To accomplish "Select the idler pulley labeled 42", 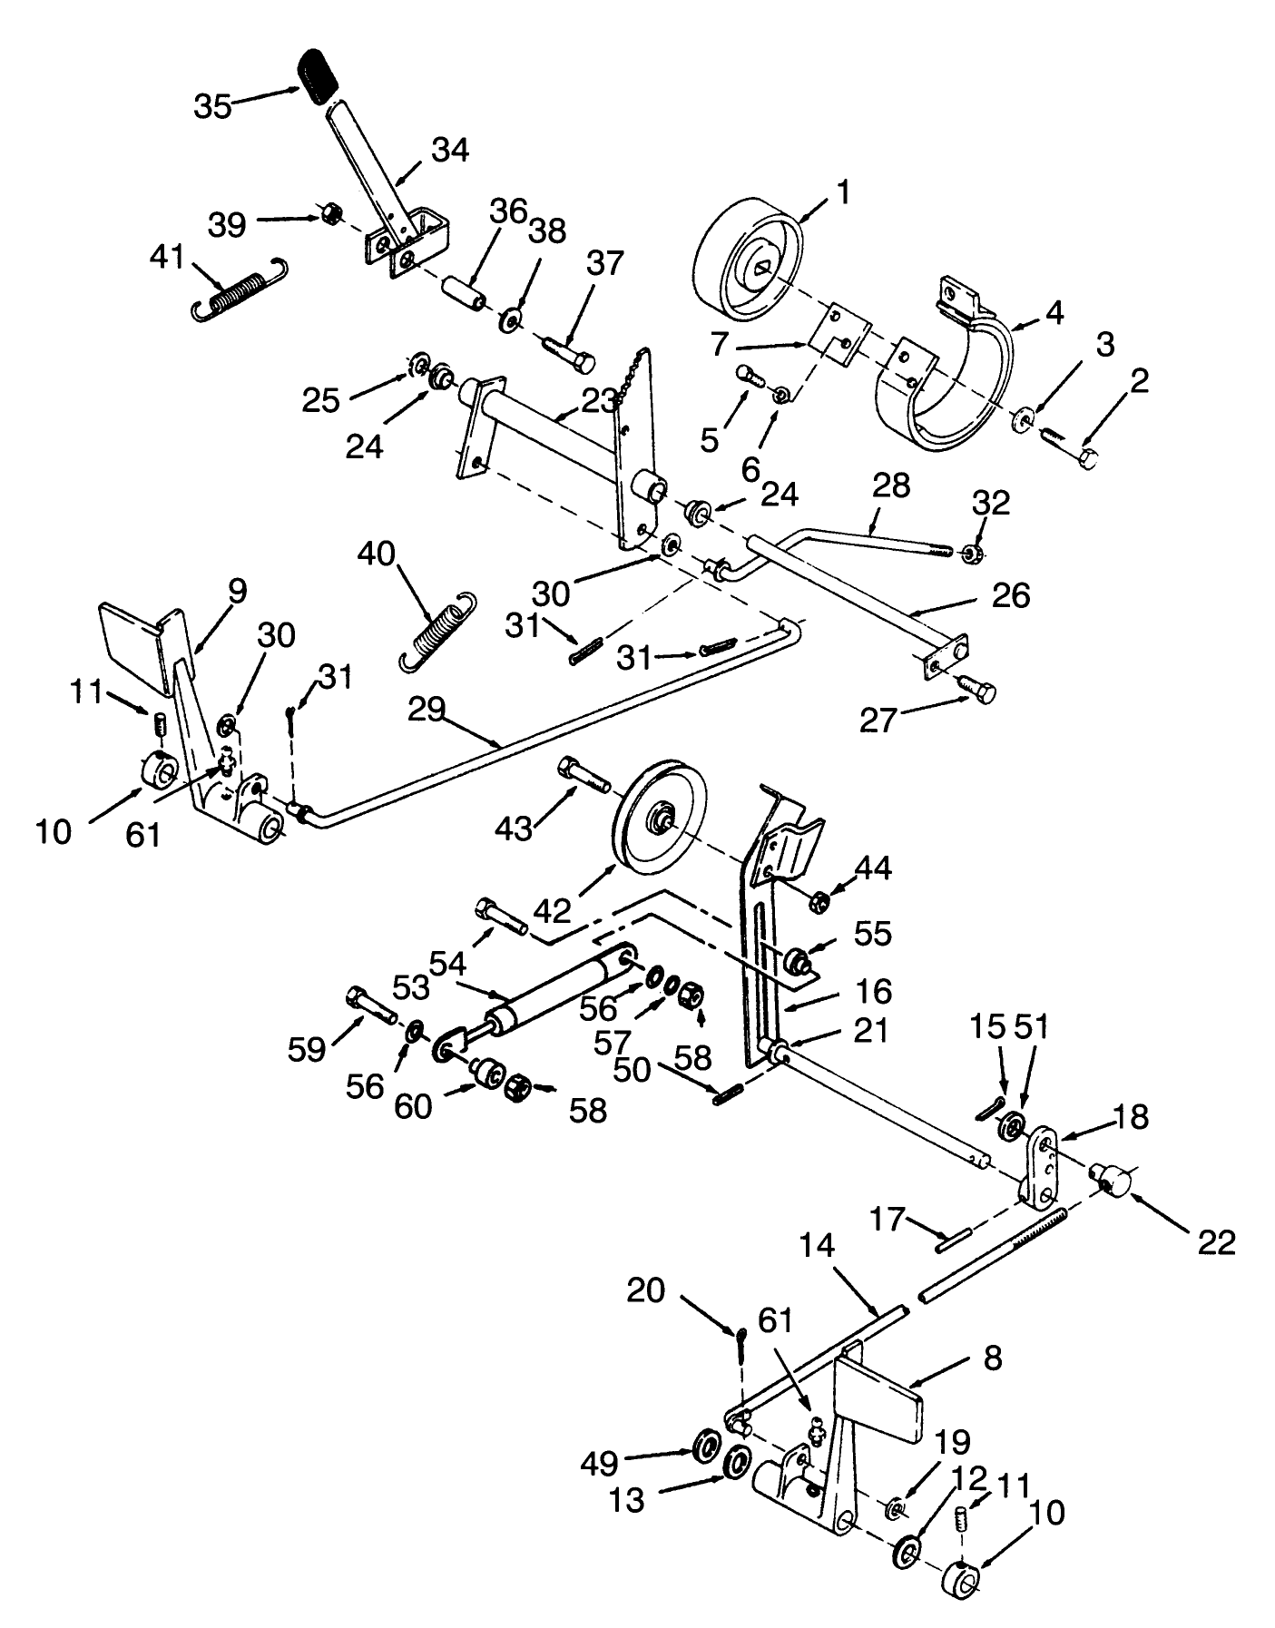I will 659,817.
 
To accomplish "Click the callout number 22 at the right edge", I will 1216,1242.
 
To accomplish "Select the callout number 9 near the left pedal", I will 236,593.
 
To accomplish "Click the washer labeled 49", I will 706,1444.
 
